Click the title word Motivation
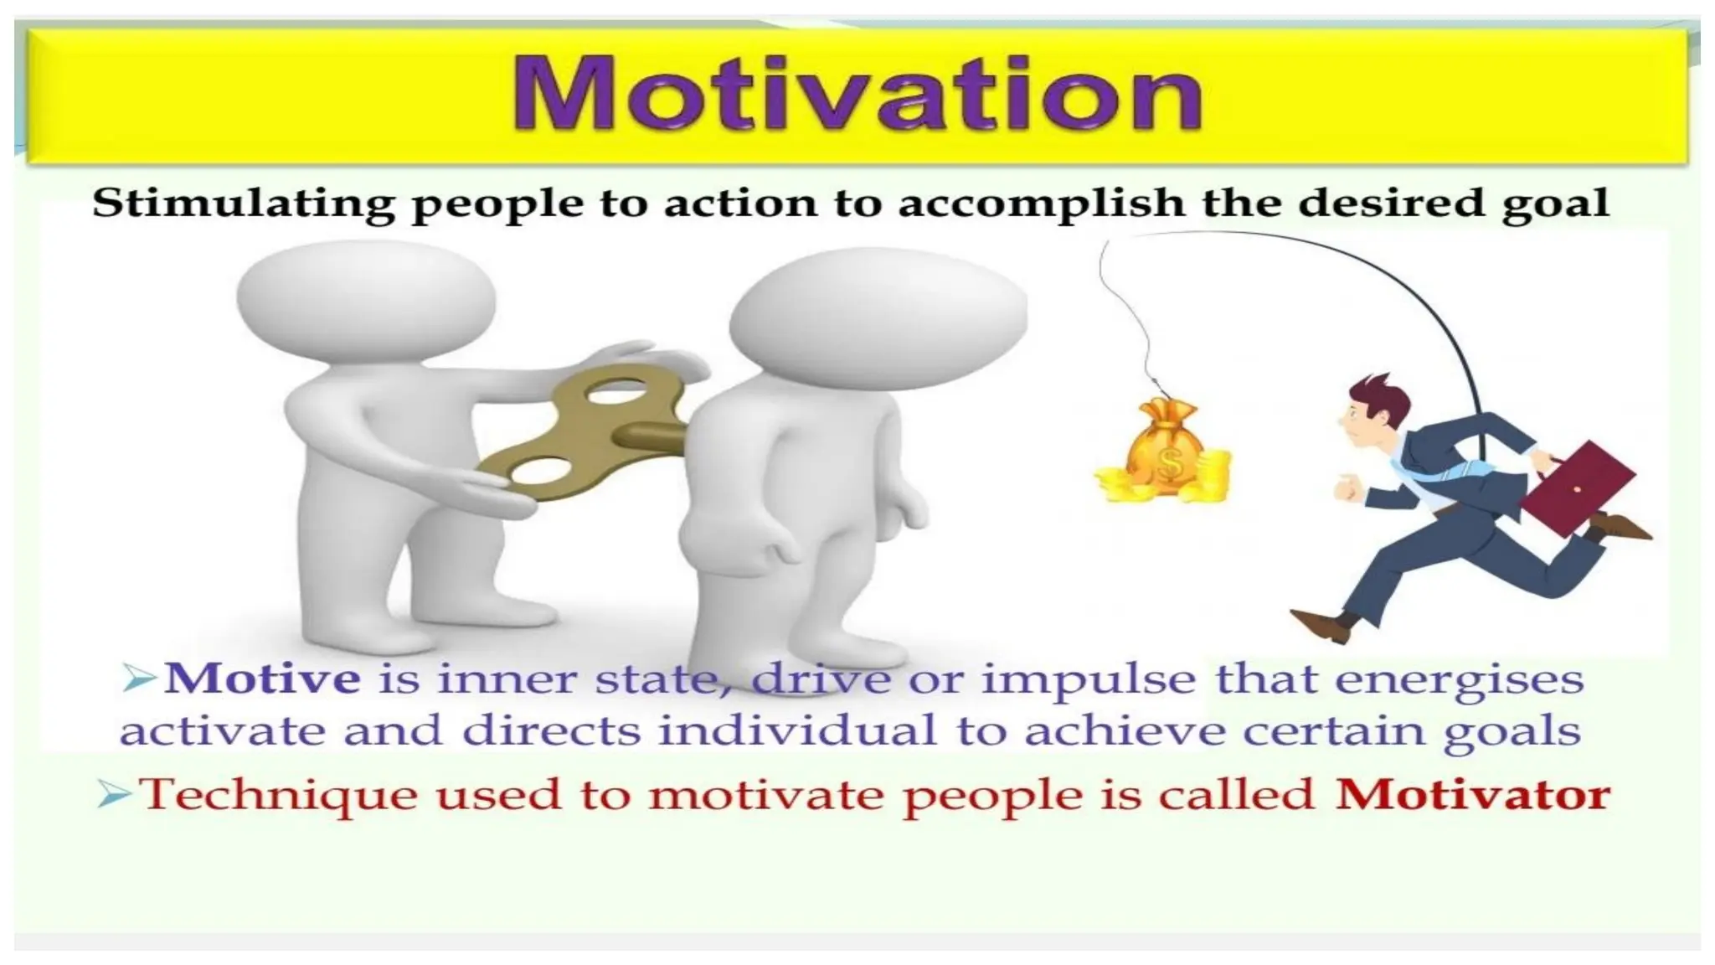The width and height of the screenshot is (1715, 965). tap(857, 94)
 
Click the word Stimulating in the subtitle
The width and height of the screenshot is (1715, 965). tap(242, 204)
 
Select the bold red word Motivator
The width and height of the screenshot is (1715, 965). tap(1472, 795)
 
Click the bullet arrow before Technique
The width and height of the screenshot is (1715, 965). tap(115, 793)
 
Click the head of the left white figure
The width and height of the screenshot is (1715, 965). tap(366, 293)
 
